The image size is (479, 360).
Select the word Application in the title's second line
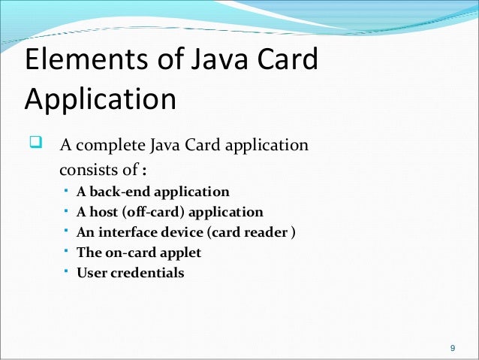tap(100, 99)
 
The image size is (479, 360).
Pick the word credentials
tap(147, 273)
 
